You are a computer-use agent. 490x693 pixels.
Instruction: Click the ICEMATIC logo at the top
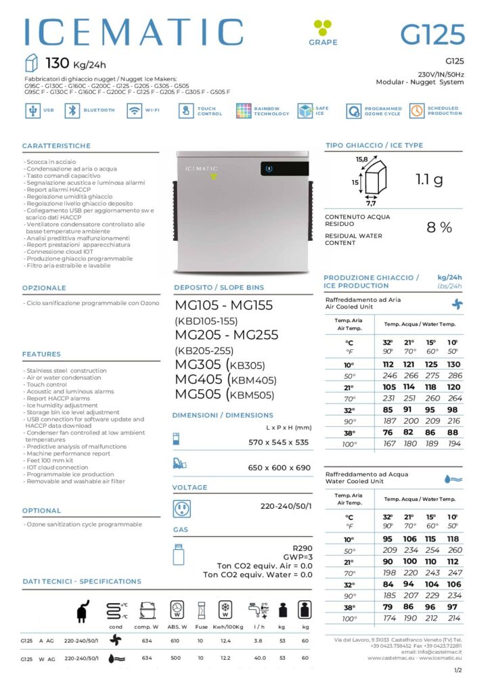pos(133,32)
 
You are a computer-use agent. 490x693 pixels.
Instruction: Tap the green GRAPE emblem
pos(322,28)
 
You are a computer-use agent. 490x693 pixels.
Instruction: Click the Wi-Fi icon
pos(134,110)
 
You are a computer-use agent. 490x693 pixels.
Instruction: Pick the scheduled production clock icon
pos(416,110)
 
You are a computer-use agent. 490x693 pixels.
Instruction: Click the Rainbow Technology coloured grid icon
pos(244,110)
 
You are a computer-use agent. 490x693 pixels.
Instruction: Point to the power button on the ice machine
pos(269,169)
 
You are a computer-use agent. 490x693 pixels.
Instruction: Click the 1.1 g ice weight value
pos(429,179)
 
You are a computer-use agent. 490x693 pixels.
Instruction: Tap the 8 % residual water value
pos(439,227)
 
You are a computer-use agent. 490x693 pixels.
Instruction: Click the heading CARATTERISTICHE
pos(56,146)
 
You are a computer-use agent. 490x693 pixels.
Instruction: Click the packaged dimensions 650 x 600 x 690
pos(279,468)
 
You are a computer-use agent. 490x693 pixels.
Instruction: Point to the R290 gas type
pos(302,548)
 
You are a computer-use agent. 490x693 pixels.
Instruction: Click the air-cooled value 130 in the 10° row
pos(454,365)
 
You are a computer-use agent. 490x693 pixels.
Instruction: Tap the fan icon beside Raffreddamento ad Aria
pos(458,305)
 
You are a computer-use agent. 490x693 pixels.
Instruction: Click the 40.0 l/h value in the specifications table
pos(258,657)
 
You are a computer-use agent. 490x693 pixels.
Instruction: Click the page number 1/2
pos(458,670)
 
